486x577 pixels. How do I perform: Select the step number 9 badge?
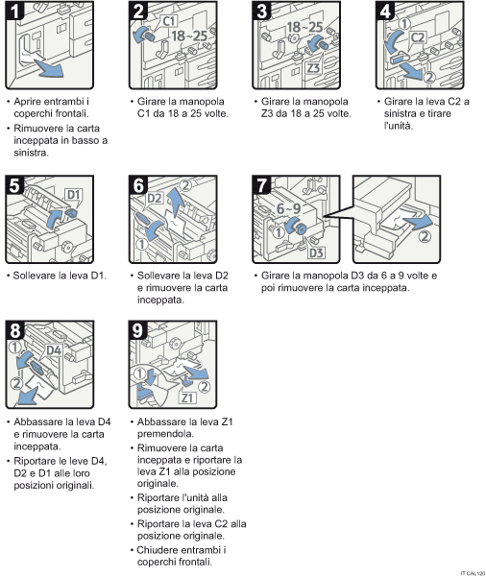[x=139, y=331]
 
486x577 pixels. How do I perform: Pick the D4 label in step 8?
[x=53, y=350]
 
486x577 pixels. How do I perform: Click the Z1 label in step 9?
[x=188, y=397]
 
